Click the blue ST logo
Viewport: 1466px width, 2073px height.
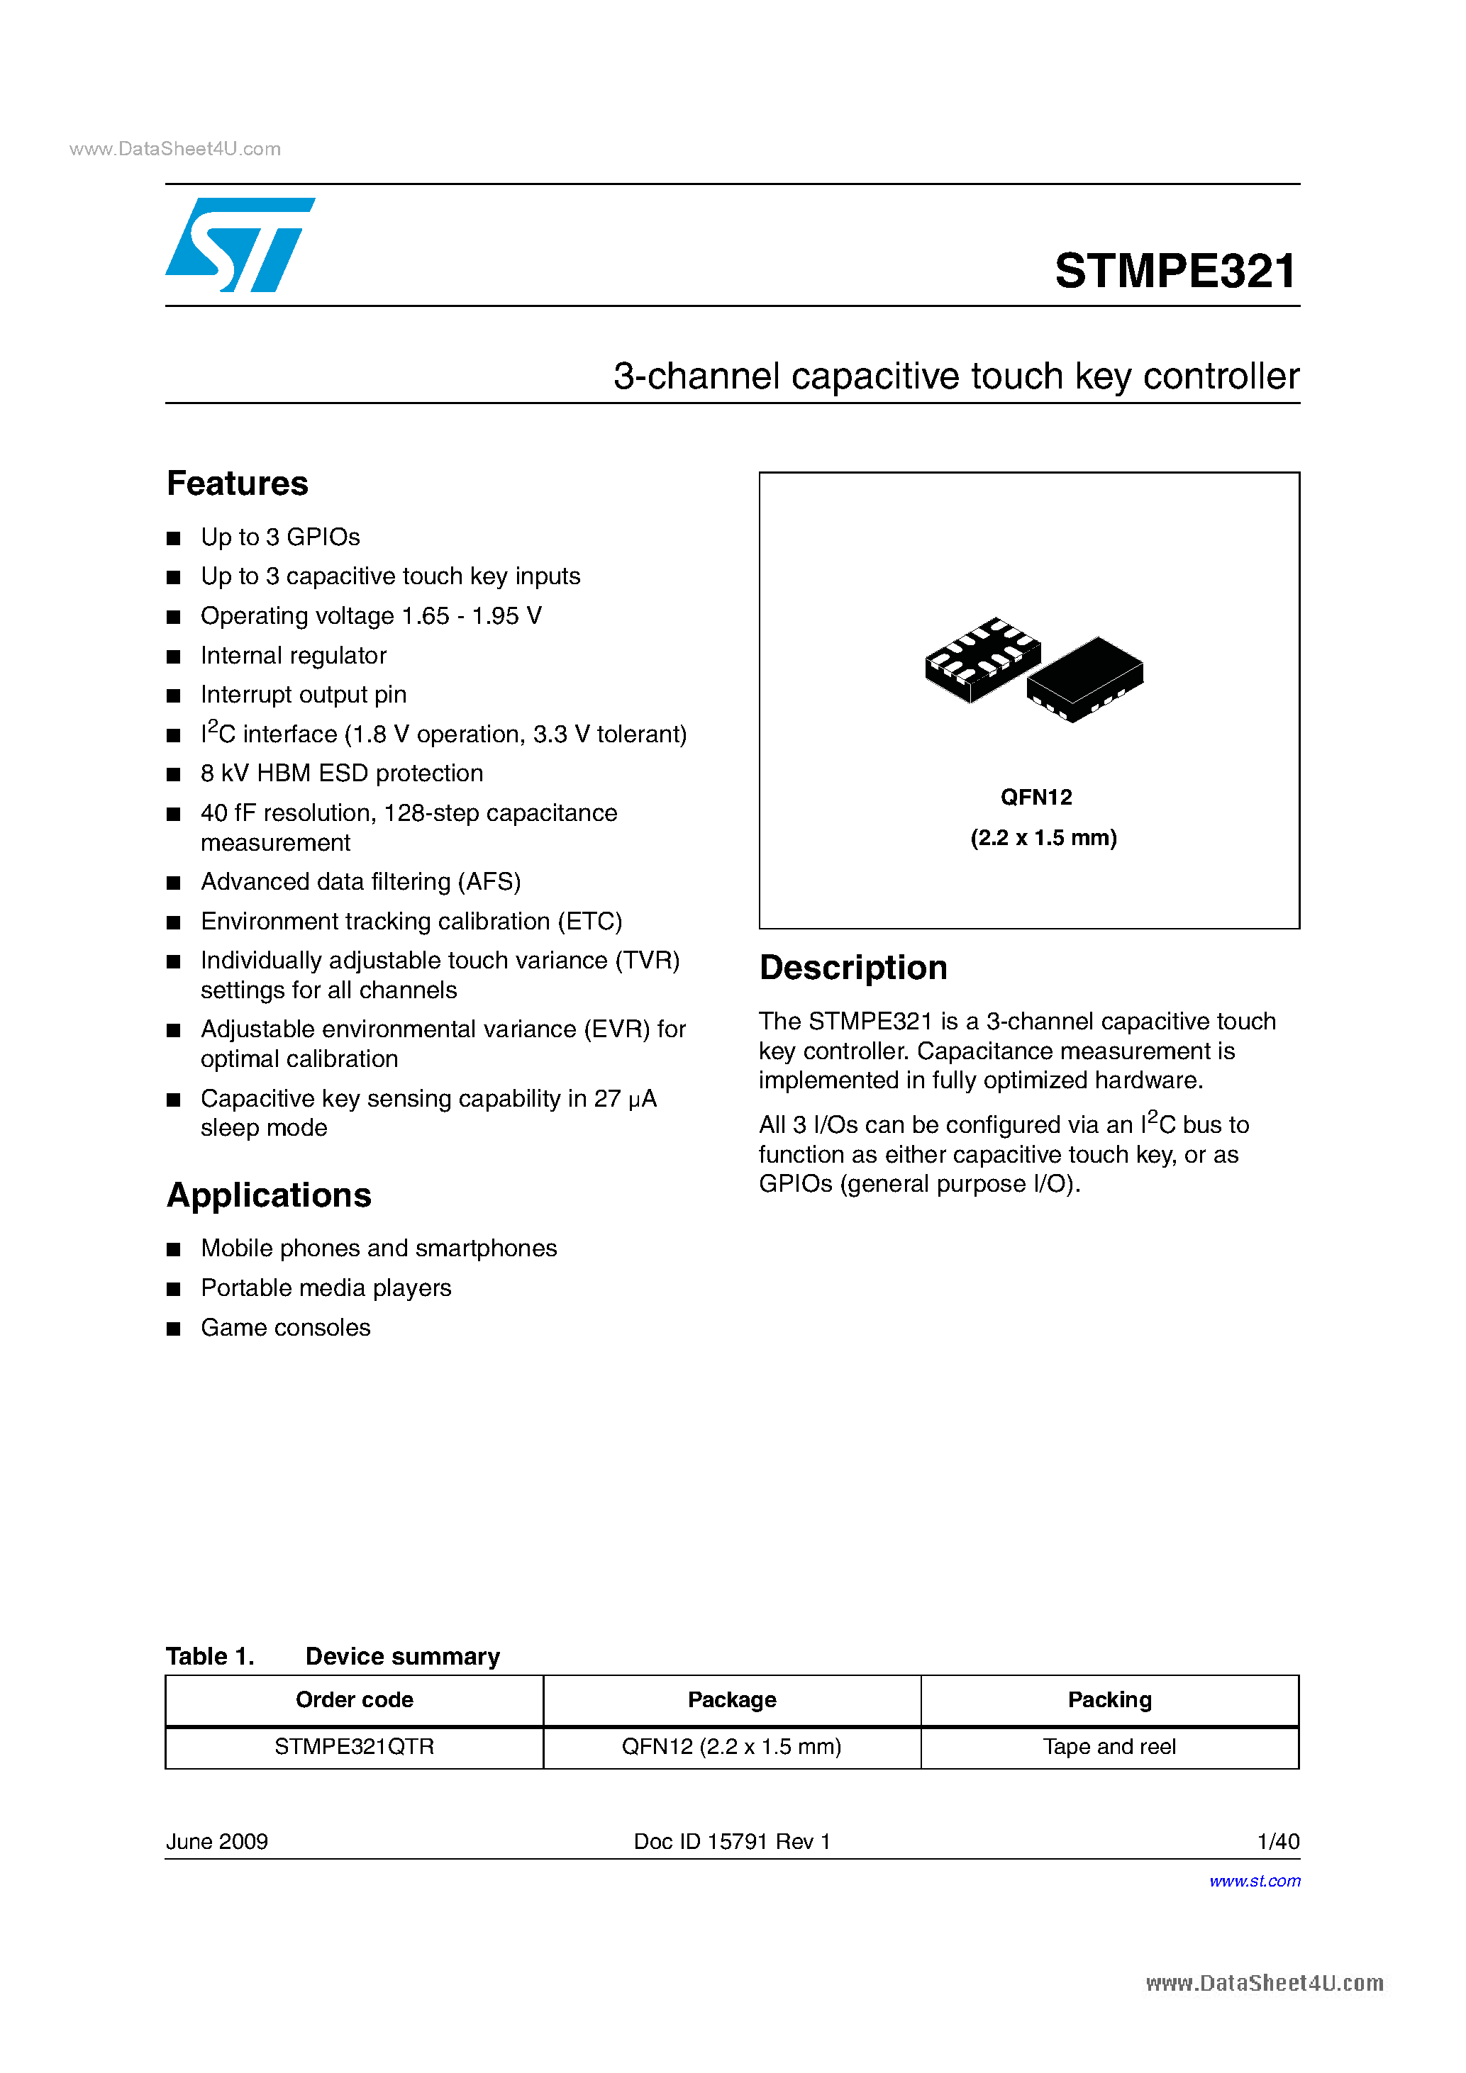239,245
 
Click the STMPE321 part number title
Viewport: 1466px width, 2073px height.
1175,271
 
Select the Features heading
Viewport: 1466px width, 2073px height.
238,484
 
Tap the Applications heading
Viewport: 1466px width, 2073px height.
270,1195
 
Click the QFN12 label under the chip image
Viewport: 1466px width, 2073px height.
1036,798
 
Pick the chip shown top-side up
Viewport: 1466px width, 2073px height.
1086,679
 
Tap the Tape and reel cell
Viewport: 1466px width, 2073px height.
1109,1747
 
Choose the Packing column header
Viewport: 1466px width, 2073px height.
1109,1700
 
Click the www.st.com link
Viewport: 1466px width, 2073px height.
1255,1881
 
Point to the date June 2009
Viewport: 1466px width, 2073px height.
217,1842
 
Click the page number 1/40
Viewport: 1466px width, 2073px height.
1278,1842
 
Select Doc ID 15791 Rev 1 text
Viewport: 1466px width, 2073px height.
732,1842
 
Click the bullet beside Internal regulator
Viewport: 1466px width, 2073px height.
174,656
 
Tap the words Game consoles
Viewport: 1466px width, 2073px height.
285,1327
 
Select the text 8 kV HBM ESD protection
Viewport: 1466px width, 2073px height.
341,773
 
